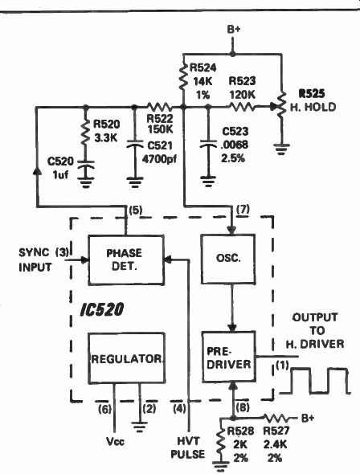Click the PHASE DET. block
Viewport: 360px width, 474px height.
pos(126,260)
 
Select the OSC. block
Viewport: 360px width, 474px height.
pos(228,259)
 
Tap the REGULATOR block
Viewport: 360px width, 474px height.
pos(127,358)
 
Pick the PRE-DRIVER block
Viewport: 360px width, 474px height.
pos(229,357)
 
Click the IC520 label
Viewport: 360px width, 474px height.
pos(102,309)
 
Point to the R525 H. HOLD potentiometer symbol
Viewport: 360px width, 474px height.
pos(281,105)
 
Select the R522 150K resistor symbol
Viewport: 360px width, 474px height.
pos(159,107)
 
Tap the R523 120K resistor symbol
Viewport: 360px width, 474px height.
pos(242,106)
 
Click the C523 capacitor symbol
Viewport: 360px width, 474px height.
pos(208,144)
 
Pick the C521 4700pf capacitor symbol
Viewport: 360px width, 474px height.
pos(135,144)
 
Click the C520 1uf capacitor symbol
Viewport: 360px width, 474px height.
pos(85,165)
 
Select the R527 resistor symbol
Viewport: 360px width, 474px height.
pos(277,419)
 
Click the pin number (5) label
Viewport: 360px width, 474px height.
pos(135,210)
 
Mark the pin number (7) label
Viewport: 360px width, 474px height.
pos(243,209)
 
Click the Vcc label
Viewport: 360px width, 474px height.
pos(115,442)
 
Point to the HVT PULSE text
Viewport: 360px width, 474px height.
pos(188,447)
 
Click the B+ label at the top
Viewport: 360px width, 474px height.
pos(233,30)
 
